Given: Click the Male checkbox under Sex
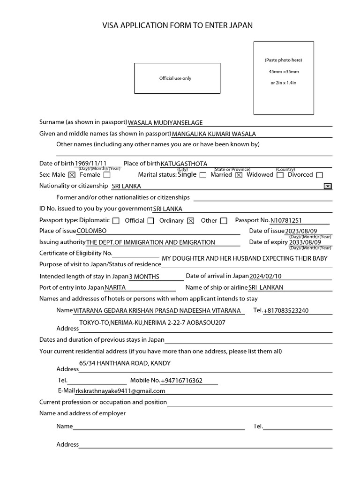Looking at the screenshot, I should click(x=72, y=175).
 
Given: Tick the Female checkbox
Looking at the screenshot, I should click(x=107, y=175).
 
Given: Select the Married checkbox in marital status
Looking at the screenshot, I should click(x=239, y=175).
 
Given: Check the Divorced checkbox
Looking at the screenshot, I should click(x=320, y=175).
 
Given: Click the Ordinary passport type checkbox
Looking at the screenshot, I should click(x=190, y=221).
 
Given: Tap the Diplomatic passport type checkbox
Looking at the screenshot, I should click(x=116, y=221).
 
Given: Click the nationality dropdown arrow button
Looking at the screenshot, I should click(x=328, y=186).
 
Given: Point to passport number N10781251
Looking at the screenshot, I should click(x=286, y=220).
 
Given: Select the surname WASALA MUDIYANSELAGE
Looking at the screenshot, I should click(x=165, y=123).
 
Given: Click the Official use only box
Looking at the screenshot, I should click(x=177, y=78).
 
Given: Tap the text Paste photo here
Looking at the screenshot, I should click(x=284, y=60).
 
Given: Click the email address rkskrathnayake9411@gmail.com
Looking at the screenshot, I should click(x=120, y=391).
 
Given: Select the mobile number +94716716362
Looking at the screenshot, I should click(x=182, y=381).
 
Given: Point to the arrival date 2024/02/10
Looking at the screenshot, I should click(x=266, y=276).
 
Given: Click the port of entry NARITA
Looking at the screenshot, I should click(x=115, y=287).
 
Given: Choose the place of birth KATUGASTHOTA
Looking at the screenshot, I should click(x=184, y=164).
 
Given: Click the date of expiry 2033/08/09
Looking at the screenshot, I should click(x=305, y=242).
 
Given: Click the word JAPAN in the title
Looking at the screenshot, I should click(x=240, y=25).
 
